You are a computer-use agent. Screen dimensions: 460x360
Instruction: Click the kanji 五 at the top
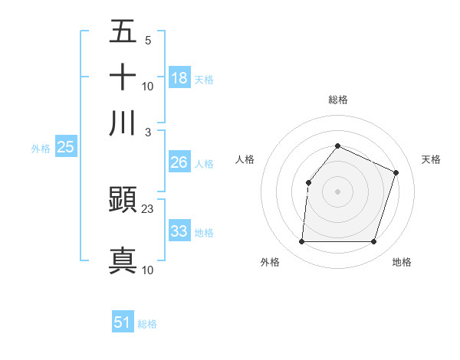(x=123, y=31)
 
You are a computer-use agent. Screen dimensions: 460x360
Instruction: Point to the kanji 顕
(x=123, y=201)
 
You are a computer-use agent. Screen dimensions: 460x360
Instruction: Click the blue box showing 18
(x=179, y=77)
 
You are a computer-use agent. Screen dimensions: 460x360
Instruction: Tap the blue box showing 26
(x=179, y=162)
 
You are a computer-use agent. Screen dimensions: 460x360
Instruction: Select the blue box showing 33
(x=179, y=231)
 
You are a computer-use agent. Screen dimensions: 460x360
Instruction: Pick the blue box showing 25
(x=65, y=147)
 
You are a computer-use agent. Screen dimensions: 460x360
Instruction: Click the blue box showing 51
(x=123, y=322)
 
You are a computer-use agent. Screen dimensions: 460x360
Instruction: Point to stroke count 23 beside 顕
(x=148, y=209)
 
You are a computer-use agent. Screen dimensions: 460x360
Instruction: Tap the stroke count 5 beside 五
(x=148, y=40)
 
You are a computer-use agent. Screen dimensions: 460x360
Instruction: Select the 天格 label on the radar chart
(x=431, y=159)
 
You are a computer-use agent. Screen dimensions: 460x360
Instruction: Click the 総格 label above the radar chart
(x=337, y=100)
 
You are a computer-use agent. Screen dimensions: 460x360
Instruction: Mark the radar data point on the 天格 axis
(x=396, y=172)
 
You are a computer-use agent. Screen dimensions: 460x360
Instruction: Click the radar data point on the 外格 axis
(x=301, y=242)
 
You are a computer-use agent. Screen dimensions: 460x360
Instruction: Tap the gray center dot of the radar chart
(x=337, y=191)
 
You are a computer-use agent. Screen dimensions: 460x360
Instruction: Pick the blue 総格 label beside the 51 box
(x=147, y=324)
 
